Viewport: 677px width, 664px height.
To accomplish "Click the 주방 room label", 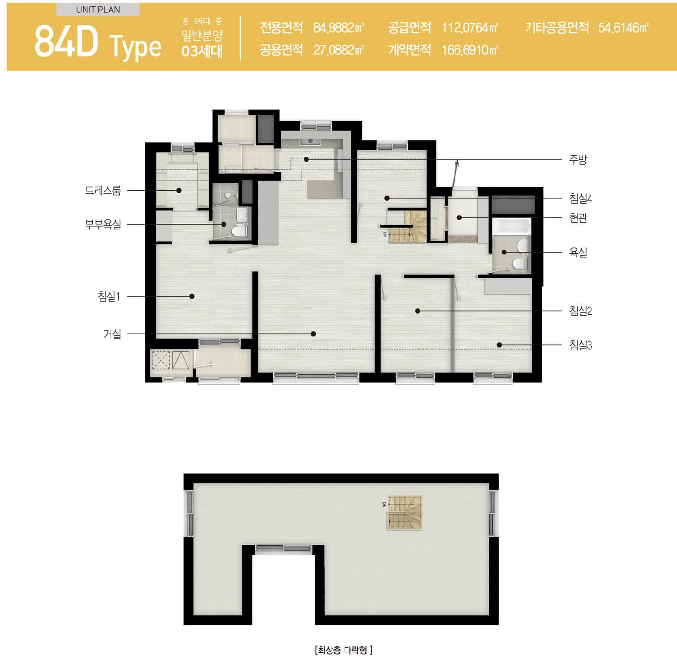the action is pyautogui.click(x=578, y=160).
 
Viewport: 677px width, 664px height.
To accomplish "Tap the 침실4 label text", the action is pyautogui.click(x=580, y=199).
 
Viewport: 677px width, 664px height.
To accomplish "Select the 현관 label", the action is pyautogui.click(x=578, y=218).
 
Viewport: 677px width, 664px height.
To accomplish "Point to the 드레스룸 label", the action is pyautogui.click(x=103, y=190).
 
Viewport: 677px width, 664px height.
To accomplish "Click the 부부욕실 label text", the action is pyautogui.click(x=103, y=224).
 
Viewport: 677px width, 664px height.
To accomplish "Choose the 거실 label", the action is pyautogui.click(x=112, y=334).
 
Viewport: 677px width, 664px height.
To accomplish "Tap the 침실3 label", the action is pyautogui.click(x=580, y=345).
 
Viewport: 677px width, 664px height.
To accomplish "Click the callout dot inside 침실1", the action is pyautogui.click(x=192, y=296).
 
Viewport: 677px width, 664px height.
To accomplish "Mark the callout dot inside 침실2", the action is pyautogui.click(x=418, y=311).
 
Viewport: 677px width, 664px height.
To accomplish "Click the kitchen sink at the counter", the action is pyautogui.click(x=310, y=142).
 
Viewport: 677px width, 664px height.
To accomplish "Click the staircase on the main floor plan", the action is pyautogui.click(x=408, y=227).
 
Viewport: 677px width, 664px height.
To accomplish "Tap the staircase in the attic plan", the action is pyautogui.click(x=405, y=513).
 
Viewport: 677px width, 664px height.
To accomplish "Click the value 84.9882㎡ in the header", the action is pyautogui.click(x=338, y=28).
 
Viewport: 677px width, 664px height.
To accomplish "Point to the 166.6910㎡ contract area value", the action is pyautogui.click(x=470, y=50).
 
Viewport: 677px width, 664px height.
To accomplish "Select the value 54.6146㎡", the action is pyautogui.click(x=623, y=28).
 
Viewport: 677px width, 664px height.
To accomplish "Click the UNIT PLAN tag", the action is pyautogui.click(x=98, y=10).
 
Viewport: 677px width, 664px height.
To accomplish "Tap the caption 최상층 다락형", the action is pyautogui.click(x=344, y=650).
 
